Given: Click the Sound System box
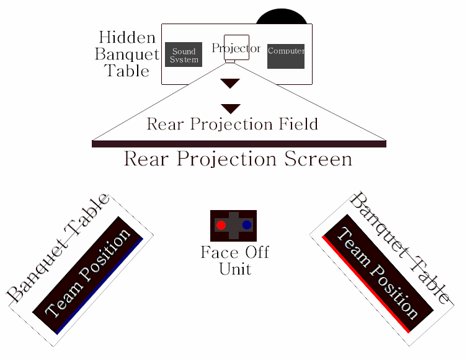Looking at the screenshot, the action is (184, 55).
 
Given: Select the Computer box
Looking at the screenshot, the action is (286, 56).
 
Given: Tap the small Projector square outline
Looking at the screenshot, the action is (236, 47).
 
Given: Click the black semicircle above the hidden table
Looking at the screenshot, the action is (282, 16).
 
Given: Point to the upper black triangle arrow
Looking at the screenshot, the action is (230, 83).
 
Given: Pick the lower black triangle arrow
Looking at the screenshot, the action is (231, 108).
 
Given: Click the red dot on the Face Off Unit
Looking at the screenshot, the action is (221, 225).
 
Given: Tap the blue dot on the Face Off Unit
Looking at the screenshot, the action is (247, 225).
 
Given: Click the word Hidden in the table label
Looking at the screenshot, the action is (127, 38).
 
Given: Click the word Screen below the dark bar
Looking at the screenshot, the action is (318, 159).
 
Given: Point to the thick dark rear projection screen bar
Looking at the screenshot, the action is (239, 144).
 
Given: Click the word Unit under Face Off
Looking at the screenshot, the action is (235, 269).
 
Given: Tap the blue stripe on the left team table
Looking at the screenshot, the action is (100, 286).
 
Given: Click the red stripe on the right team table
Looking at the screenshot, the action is (365, 284).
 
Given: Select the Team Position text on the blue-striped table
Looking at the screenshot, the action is (87, 273).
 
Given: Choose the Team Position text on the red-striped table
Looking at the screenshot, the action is (378, 272).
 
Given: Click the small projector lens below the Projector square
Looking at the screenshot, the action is (230, 61).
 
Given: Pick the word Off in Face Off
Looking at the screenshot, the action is (257, 252).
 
